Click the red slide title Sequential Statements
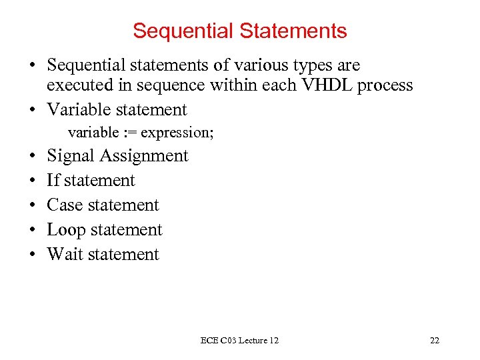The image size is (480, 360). tap(239, 31)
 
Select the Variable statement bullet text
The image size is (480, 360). tap(117, 109)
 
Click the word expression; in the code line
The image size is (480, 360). tap(177, 133)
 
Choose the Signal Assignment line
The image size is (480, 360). tap(117, 156)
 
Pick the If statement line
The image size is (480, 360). tap(91, 181)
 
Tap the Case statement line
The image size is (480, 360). tap(103, 205)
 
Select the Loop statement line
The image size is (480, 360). tap(104, 230)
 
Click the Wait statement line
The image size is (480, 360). tap(103, 255)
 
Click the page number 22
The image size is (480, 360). tap(435, 341)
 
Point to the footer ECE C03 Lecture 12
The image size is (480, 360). tap(239, 341)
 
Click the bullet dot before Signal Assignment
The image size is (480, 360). tap(33, 157)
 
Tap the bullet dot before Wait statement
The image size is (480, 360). tap(33, 255)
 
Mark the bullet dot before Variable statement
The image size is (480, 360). tap(33, 110)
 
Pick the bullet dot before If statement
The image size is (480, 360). tap(33, 181)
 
